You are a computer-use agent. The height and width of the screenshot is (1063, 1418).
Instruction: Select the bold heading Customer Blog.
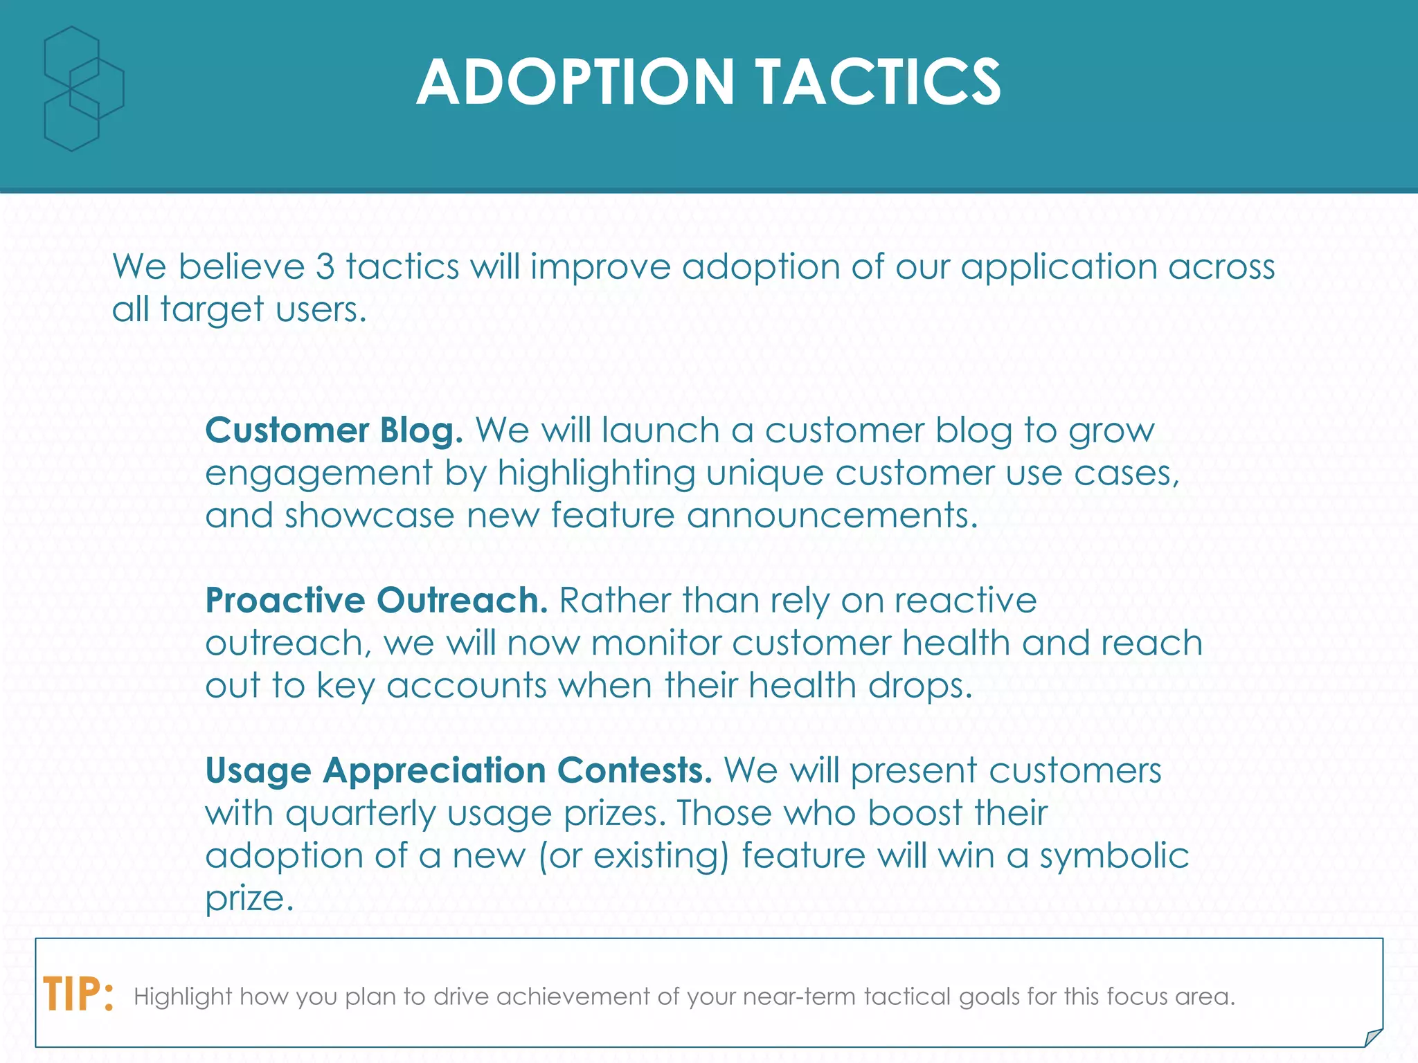coord(334,430)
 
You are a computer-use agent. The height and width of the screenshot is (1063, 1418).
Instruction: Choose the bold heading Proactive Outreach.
coord(377,600)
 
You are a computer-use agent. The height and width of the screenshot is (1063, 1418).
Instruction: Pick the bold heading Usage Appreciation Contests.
coord(458,770)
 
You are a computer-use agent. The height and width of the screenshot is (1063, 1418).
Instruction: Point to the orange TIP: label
coord(78,994)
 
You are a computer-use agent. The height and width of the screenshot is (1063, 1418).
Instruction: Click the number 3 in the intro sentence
coord(325,266)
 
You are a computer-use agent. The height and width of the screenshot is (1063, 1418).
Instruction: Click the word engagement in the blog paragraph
coord(319,475)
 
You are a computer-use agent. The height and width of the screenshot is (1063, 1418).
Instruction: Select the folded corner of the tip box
coord(1372,1037)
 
